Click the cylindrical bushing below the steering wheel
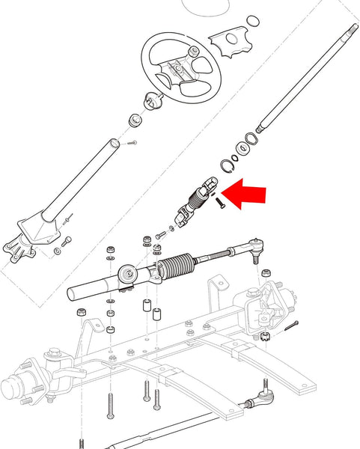point(135,120)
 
